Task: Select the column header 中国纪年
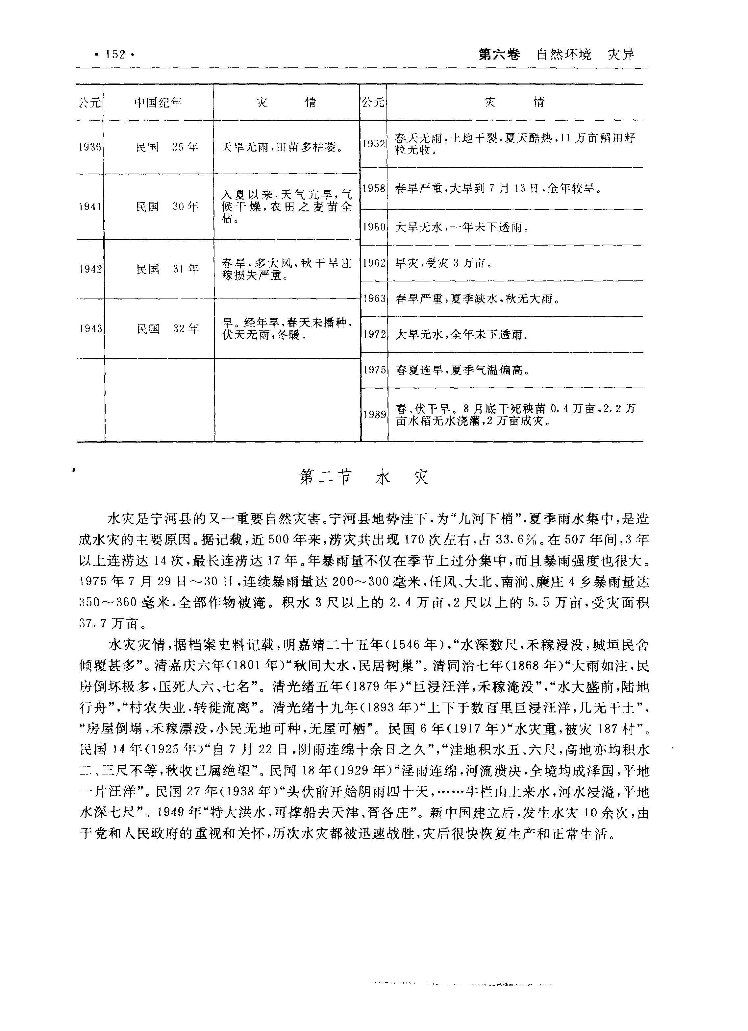point(158,102)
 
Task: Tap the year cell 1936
point(89,147)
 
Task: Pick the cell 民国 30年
point(167,207)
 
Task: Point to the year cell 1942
point(89,269)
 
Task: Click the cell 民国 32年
point(168,328)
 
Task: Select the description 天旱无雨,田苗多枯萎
point(282,147)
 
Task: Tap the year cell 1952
point(373,144)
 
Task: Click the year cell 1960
point(373,227)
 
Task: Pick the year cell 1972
point(373,335)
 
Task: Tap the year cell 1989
point(373,415)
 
